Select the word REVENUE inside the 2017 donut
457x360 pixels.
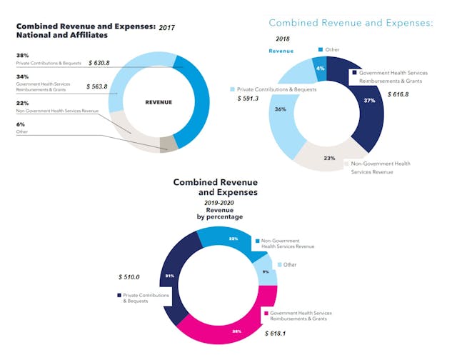click(159, 102)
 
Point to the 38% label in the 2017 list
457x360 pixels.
click(22, 56)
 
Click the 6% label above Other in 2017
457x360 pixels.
click(21, 124)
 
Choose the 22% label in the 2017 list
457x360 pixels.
click(22, 103)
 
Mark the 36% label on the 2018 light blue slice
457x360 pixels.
click(281, 109)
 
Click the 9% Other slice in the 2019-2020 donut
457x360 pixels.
click(265, 271)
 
